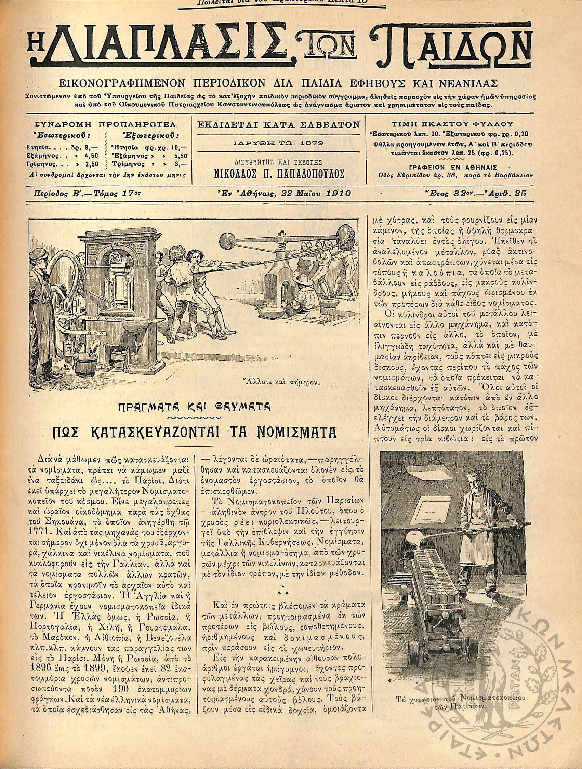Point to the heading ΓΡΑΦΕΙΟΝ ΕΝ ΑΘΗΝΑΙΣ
point(453,166)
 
